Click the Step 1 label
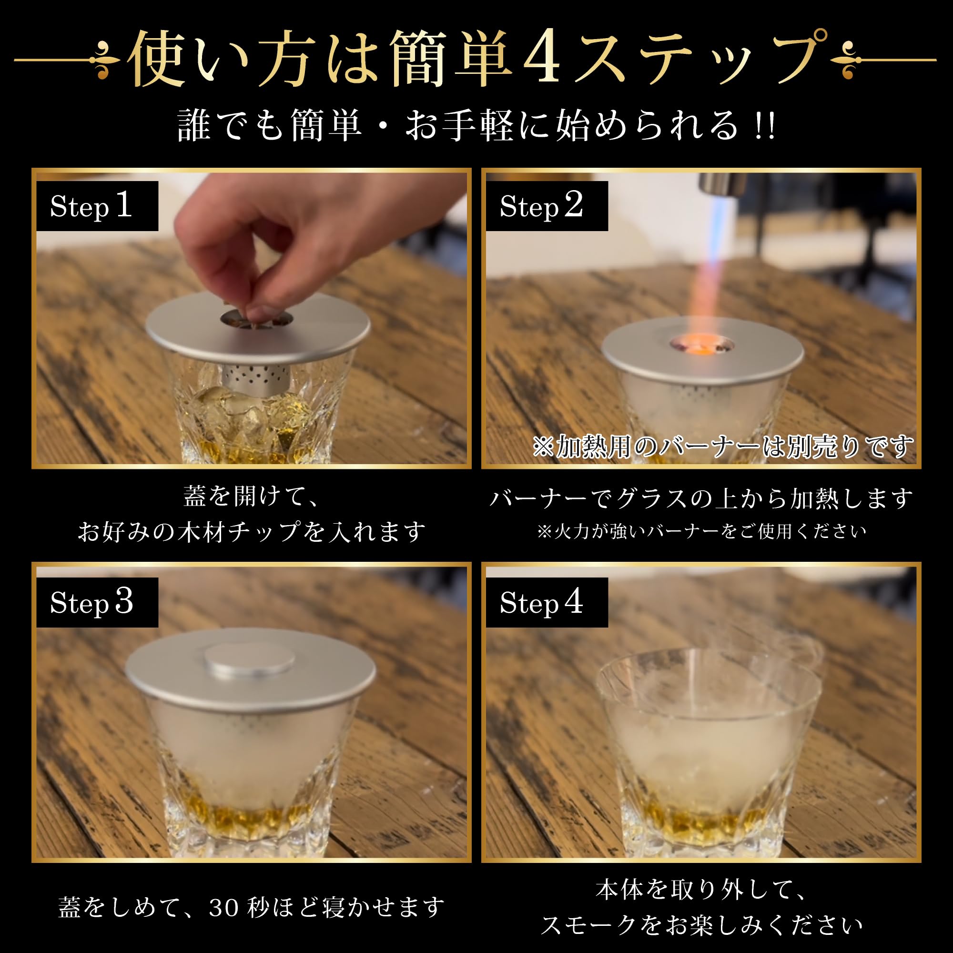[97, 206]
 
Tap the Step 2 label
[547, 206]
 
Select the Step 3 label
[97, 602]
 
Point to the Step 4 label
[547, 602]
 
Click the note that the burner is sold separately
[723, 447]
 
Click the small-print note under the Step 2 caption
[701, 532]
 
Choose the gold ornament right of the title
[847, 60]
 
